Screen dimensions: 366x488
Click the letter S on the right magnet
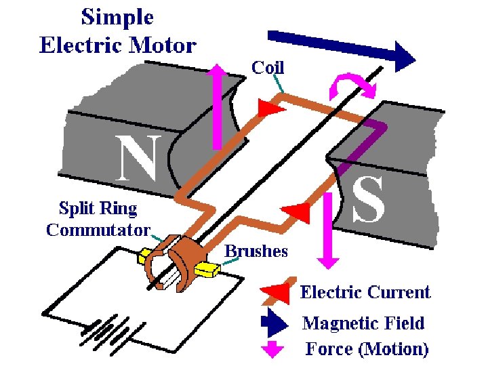click(368, 201)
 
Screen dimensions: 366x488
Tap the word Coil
click(268, 67)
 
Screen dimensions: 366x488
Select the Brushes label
click(256, 251)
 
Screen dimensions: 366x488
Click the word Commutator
click(98, 229)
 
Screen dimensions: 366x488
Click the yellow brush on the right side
click(207, 270)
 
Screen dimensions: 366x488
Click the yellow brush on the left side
click(145, 256)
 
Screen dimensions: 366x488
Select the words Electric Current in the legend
click(365, 292)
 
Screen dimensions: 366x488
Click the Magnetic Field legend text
click(363, 323)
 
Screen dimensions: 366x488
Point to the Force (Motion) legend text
click(367, 349)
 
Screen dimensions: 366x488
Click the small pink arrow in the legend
click(272, 348)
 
